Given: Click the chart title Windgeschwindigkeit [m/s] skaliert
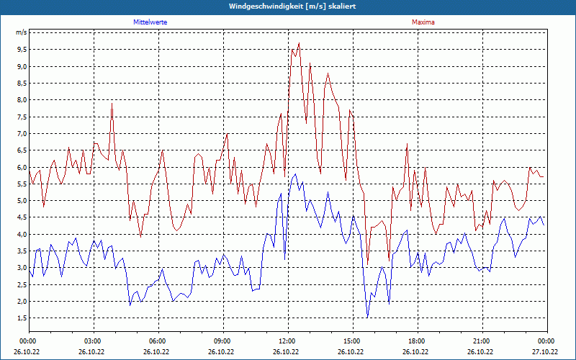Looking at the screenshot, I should point(287,6).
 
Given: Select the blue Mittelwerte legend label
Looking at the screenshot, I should point(150,22).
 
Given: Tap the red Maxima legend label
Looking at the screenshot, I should point(423,22).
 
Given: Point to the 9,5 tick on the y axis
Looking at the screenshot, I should point(21,50).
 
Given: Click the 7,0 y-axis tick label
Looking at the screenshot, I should point(21,134).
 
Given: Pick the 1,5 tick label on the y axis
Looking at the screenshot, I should point(21,318).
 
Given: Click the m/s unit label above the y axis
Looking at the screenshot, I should point(21,33).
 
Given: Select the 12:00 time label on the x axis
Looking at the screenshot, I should point(287,341).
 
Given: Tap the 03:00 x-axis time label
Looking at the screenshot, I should point(93,341).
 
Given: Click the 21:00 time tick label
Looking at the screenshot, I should point(482,341).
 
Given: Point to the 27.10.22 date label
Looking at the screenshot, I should point(546,352).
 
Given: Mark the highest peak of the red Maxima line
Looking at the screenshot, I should point(299,43).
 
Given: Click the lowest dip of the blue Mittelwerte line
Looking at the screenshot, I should point(367,318).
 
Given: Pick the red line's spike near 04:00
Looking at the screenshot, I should point(112,104).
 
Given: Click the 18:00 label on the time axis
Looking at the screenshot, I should point(417,341).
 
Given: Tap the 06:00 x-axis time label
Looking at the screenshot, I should point(158,341).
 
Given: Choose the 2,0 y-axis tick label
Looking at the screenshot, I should point(21,302).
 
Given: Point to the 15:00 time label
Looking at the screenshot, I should point(352,341).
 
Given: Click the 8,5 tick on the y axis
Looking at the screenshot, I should point(21,84).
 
